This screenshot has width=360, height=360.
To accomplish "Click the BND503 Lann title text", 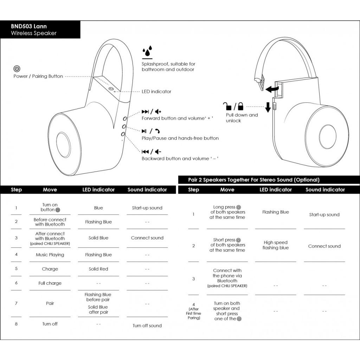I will [29, 26].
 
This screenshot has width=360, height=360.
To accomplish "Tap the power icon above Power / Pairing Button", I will [17, 69].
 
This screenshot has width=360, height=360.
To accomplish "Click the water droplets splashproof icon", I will [147, 52].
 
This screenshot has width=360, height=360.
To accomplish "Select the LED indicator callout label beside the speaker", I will [156, 91].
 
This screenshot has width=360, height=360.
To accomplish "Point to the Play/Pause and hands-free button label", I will [180, 138].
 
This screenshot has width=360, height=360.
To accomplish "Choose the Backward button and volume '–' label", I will [180, 159].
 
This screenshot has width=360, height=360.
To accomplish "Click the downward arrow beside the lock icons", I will [268, 107].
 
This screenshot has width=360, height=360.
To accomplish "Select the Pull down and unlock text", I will [242, 118].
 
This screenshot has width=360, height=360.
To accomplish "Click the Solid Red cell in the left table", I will [98, 269].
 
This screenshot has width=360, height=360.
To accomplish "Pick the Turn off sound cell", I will [147, 326].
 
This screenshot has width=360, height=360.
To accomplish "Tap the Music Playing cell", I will [50, 255].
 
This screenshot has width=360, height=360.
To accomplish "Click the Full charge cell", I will [50, 283].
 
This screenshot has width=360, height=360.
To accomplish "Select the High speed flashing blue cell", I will [275, 245].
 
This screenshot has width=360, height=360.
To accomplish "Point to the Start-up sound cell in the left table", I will [147, 208].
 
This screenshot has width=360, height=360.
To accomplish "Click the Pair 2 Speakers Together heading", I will [253, 180].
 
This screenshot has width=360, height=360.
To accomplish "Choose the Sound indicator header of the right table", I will [325, 190].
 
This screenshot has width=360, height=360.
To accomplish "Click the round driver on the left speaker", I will [63, 145].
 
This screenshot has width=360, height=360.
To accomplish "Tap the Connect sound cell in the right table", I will [324, 246].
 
